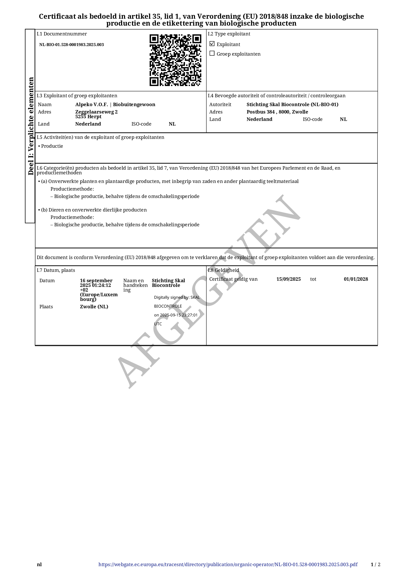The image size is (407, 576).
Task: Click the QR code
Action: point(175,60)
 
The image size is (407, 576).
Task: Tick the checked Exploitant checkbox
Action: point(212,44)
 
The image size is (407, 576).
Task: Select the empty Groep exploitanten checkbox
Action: point(212,53)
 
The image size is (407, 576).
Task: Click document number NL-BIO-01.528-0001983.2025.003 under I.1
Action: point(71,45)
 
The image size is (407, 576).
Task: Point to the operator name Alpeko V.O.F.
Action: point(92,105)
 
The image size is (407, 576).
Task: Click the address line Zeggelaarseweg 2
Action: point(96,112)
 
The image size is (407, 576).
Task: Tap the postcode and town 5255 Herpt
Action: point(88,117)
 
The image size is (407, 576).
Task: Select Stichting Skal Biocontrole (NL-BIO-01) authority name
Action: point(293,105)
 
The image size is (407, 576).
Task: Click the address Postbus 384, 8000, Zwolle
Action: point(277,112)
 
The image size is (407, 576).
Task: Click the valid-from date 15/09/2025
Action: point(288,279)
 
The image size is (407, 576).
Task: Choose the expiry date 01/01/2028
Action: point(356,279)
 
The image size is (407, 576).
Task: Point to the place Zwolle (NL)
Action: point(94,307)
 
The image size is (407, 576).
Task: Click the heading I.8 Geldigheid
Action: point(223,270)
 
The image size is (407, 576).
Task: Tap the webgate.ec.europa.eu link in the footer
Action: point(228,564)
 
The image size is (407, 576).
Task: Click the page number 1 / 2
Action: point(375,564)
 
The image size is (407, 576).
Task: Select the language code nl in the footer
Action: point(39,564)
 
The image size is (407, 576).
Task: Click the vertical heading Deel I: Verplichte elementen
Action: point(31,126)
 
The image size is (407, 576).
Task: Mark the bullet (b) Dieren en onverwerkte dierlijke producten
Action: point(94,210)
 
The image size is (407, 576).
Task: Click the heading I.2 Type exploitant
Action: point(229,34)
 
